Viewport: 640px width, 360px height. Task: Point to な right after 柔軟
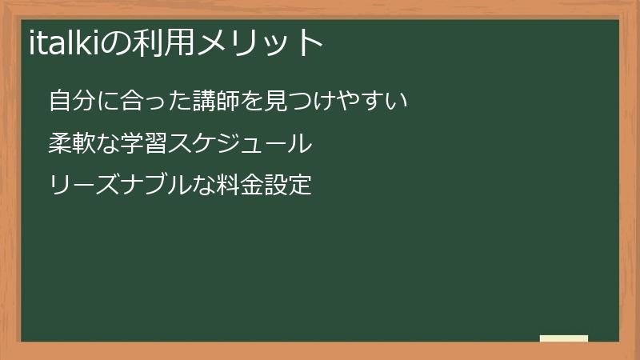coord(110,144)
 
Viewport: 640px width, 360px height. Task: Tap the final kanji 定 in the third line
coord(299,186)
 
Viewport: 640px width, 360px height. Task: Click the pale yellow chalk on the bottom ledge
coord(564,338)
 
